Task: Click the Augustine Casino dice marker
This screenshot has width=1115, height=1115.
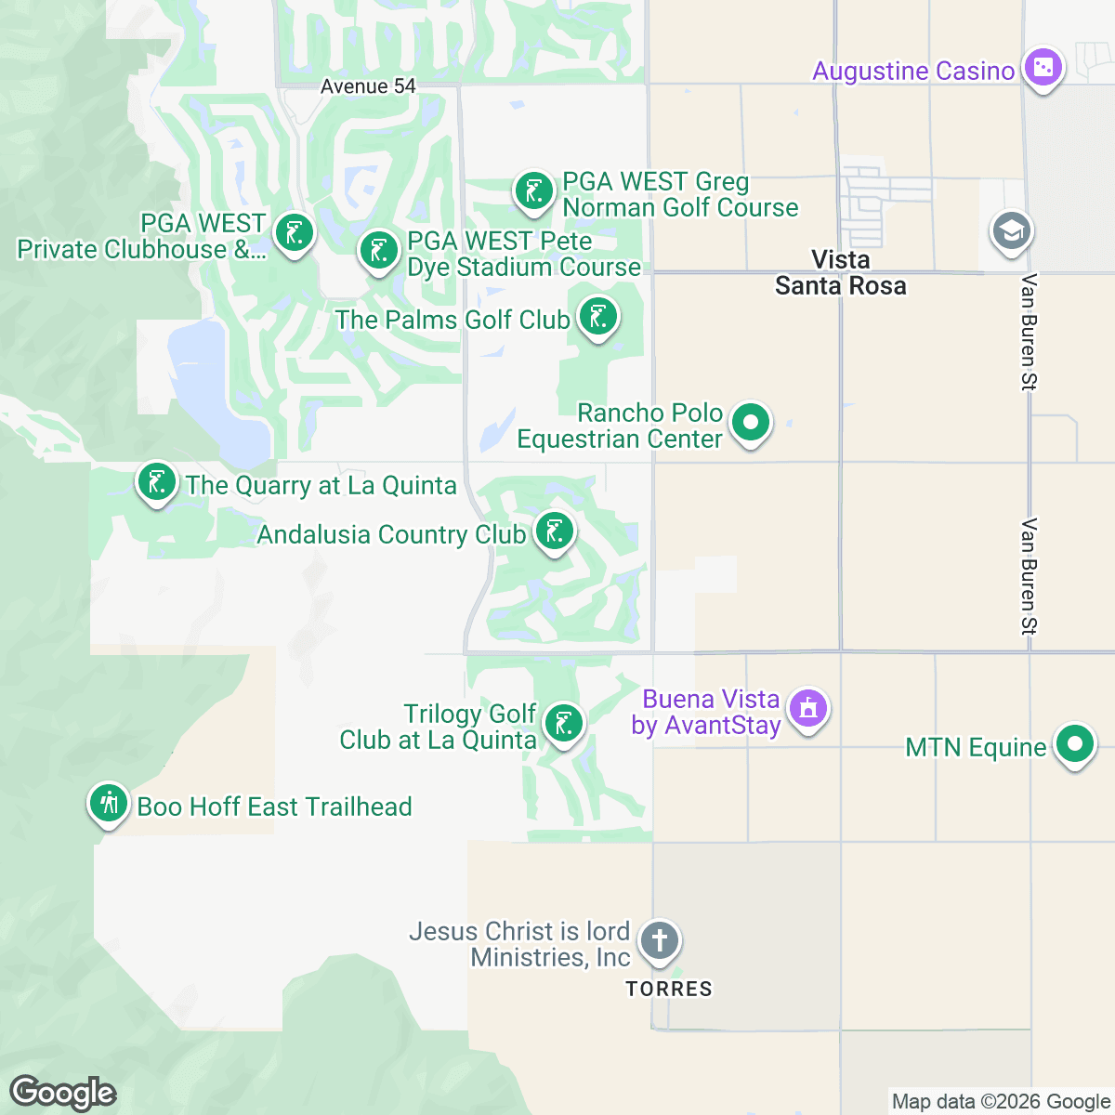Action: click(1043, 68)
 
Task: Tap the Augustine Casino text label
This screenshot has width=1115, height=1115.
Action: click(912, 72)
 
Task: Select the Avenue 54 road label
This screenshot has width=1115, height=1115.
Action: click(368, 86)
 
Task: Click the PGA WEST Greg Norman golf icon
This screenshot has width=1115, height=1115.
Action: click(533, 192)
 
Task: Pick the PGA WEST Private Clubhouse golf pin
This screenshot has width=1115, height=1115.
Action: click(295, 233)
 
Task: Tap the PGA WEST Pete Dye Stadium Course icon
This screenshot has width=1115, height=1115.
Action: click(379, 251)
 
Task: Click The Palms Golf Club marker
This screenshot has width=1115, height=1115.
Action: click(598, 318)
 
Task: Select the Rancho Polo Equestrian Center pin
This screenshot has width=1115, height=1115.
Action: click(751, 424)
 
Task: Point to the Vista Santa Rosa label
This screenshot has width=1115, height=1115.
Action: click(840, 273)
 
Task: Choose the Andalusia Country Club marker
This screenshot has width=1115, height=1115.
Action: click(554, 532)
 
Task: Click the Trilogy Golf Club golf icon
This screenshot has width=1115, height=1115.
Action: click(563, 723)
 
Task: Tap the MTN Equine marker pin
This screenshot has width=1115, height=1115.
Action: click(1074, 745)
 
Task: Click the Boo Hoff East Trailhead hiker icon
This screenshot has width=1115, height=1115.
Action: click(109, 803)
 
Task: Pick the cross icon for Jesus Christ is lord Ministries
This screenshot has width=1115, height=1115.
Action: click(660, 940)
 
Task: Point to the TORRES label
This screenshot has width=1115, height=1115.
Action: click(669, 989)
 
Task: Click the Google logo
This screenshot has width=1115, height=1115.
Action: click(62, 1093)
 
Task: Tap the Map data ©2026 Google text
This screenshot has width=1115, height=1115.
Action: click(1001, 1102)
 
